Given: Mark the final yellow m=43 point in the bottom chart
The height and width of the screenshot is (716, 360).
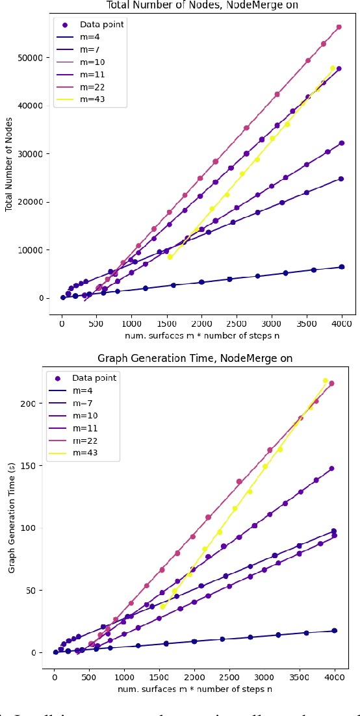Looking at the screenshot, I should [326, 381].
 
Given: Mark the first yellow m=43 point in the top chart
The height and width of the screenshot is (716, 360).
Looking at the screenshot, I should [170, 257].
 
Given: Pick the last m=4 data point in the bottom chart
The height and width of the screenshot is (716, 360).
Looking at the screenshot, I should [334, 631].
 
